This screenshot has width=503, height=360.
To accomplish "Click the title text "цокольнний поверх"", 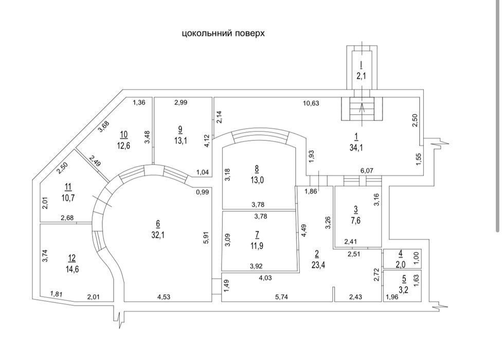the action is point(223,33).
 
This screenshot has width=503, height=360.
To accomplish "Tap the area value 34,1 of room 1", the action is point(356,148).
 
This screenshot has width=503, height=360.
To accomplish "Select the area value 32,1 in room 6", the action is point(158,235).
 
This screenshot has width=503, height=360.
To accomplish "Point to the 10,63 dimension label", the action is point(311,103).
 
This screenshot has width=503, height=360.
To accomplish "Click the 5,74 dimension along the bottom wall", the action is point(282,297).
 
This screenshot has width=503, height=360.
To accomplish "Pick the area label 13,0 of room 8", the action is point(257,179).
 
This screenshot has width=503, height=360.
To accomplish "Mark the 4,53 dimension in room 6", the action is point(164,297).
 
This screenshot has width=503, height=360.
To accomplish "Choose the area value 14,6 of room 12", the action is point(72,269).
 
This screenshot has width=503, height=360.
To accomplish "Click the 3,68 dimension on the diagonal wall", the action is point(103,126).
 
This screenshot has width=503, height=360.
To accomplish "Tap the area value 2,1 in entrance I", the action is point(361,76).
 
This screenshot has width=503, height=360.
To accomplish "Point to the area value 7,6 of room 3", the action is point(356,221).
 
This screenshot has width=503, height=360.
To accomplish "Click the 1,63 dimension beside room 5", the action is point(417,279).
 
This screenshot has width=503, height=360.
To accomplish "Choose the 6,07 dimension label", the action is point(367,171).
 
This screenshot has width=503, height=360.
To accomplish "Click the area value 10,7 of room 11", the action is point(68,197).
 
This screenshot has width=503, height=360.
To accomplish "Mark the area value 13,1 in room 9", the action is point(181,140).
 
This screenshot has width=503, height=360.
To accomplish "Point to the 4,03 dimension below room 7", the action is point(265,278).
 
